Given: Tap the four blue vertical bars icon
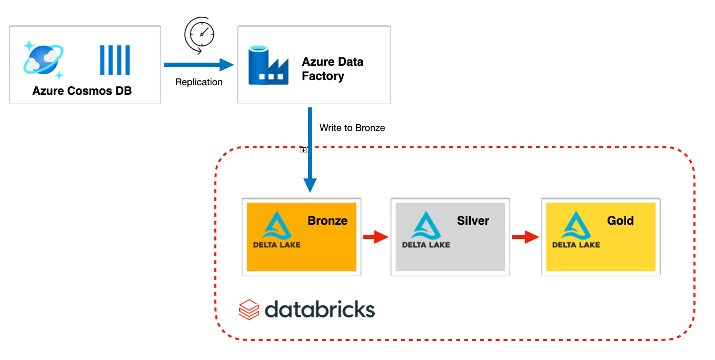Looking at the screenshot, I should (x=115, y=60).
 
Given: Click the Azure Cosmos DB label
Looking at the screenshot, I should (x=82, y=91).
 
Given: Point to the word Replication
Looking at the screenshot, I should (x=199, y=82).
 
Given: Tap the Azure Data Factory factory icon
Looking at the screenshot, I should (x=269, y=65).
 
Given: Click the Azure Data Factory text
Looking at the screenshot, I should (x=332, y=69).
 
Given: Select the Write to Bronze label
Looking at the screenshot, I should (x=352, y=128).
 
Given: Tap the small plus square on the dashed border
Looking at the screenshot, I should (x=303, y=151).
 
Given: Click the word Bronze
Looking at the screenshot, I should (x=327, y=221).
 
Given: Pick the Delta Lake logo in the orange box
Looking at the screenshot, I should (x=277, y=229).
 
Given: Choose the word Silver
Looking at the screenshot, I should (x=473, y=221).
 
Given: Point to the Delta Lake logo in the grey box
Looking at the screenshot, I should (x=426, y=229).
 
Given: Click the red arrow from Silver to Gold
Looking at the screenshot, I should (x=525, y=237).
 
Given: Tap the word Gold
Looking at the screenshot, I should (x=620, y=221).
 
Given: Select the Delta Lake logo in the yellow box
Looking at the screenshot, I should (x=576, y=229).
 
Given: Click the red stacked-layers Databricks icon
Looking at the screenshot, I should (x=249, y=309).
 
